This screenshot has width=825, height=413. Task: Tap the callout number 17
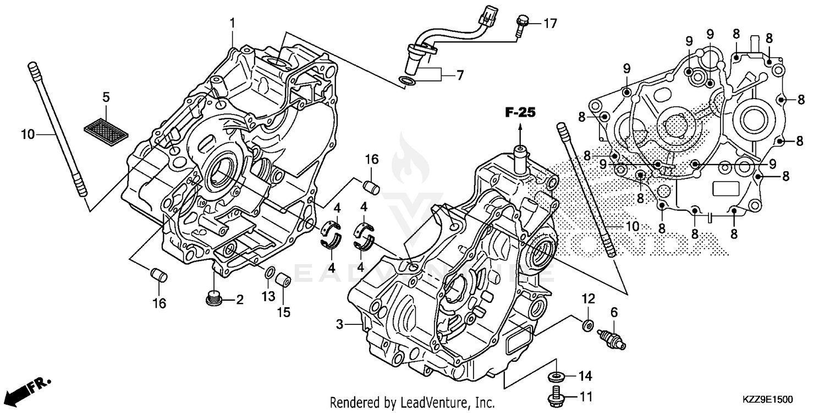(x=551, y=23)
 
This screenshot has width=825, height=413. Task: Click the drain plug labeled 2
(x=215, y=298)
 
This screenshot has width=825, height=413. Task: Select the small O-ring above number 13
(x=269, y=273)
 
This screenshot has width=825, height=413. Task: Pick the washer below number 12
(x=588, y=325)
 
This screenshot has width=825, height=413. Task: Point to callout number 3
(x=339, y=325)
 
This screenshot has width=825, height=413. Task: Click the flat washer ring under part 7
(x=407, y=83)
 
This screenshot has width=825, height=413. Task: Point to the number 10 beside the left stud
(x=28, y=134)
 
